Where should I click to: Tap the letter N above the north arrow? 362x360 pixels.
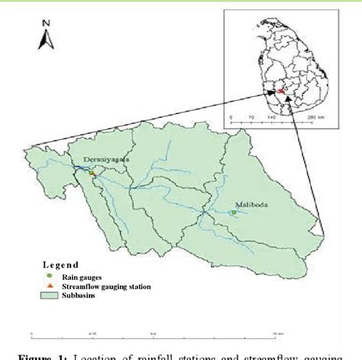coord(46,24)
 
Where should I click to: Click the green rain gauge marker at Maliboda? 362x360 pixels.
coord(232,212)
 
